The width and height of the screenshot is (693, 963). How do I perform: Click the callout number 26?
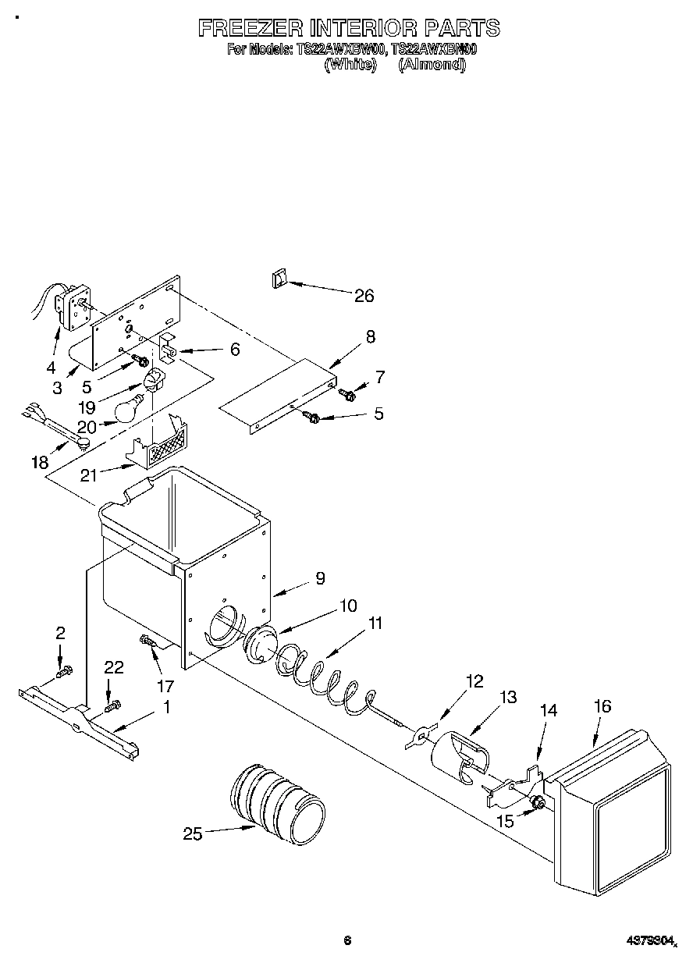tap(364, 296)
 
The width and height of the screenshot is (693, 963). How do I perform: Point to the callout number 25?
tap(192, 834)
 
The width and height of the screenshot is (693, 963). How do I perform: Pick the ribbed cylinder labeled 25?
tap(277, 804)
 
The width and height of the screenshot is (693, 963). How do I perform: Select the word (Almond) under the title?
tap(432, 66)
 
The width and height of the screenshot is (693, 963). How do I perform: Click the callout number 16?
tap(602, 707)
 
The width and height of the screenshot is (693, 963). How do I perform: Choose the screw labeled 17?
tap(148, 641)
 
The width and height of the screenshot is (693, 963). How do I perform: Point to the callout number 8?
tap(370, 336)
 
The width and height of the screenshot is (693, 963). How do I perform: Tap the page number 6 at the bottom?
tap(347, 940)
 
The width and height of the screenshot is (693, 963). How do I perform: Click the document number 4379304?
tap(651, 941)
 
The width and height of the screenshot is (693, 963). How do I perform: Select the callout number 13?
tap(508, 698)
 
